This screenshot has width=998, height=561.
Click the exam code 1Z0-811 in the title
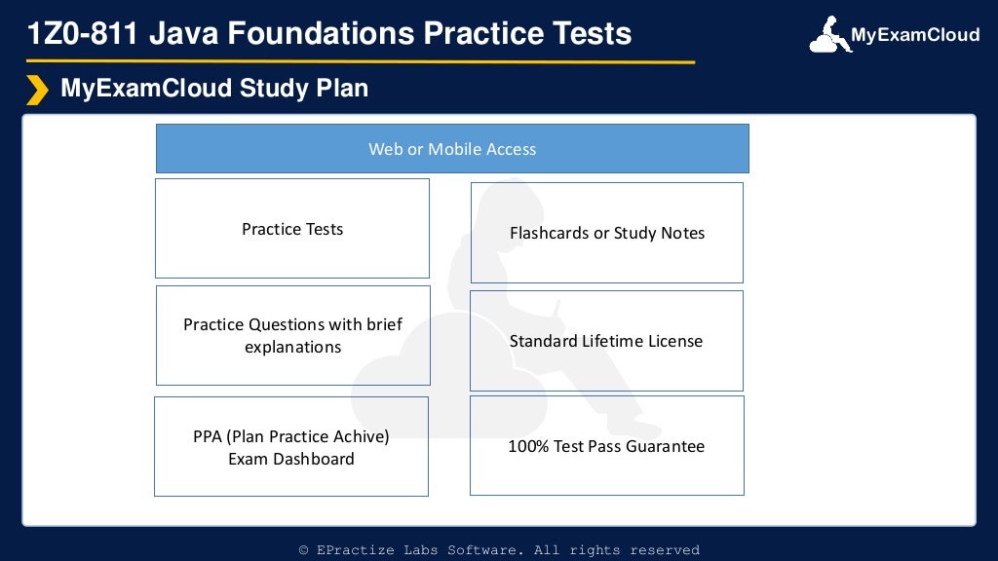(84, 34)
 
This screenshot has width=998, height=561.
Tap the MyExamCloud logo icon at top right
(828, 35)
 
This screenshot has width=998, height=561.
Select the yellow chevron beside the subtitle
(37, 90)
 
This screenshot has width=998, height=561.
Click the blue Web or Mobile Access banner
(452, 149)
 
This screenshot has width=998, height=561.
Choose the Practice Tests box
(292, 229)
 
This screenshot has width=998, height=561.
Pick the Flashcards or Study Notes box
(606, 233)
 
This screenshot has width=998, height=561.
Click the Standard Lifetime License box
(606, 341)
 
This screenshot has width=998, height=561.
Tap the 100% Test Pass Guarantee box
(606, 446)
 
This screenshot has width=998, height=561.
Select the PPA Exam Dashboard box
(291, 447)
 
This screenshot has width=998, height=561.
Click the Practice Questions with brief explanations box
(292, 335)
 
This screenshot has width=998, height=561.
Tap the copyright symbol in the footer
(304, 550)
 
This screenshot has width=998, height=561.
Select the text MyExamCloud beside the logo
(914, 35)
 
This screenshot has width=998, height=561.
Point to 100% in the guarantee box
(528, 446)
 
